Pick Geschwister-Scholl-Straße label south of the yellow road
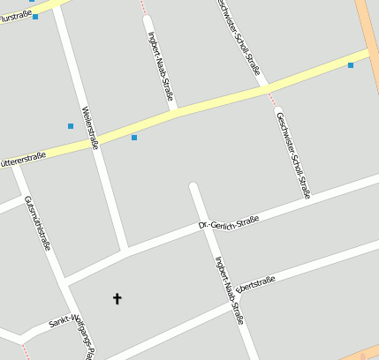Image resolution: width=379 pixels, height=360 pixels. click(x=293, y=154)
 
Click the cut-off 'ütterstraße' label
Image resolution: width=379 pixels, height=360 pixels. click(x=23, y=160)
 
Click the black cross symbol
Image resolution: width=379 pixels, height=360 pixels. click(x=117, y=298)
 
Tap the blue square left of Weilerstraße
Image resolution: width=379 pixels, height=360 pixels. click(x=71, y=126)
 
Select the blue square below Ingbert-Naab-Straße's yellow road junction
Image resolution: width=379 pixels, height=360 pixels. click(x=134, y=138)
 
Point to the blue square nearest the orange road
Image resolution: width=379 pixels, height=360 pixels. click(x=351, y=64)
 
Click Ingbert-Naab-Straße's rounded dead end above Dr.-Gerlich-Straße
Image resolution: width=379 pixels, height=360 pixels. click(x=193, y=187)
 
